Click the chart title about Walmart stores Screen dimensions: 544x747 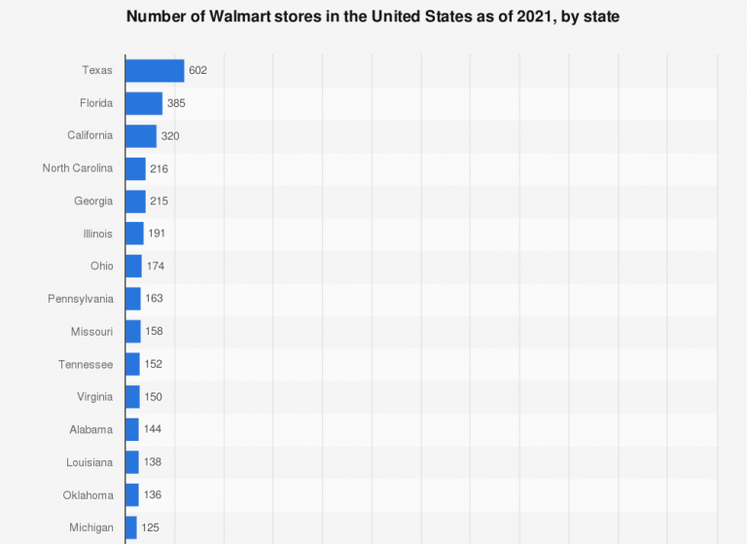pos(373,17)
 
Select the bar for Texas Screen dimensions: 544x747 pos(155,70)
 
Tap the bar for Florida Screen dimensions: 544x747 pos(144,103)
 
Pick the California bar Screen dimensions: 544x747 pos(141,135)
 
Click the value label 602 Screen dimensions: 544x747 pos(198,70)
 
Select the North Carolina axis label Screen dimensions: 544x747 pos(78,168)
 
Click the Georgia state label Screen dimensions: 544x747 pos(93,200)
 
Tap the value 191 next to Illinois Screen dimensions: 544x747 pos(158,234)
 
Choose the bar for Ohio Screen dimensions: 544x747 pos(133,266)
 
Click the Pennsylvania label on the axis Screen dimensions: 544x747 pos(81,299)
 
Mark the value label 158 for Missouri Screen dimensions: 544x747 pos(154,331)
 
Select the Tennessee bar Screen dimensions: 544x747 pos(132,364)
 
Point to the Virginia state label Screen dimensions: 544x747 pos(95,397)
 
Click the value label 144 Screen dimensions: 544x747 pos(153,429)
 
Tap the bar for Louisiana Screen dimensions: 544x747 pos(131,462)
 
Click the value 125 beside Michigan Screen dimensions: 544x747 pos(151,527)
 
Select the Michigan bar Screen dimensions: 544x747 pos(130,527)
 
